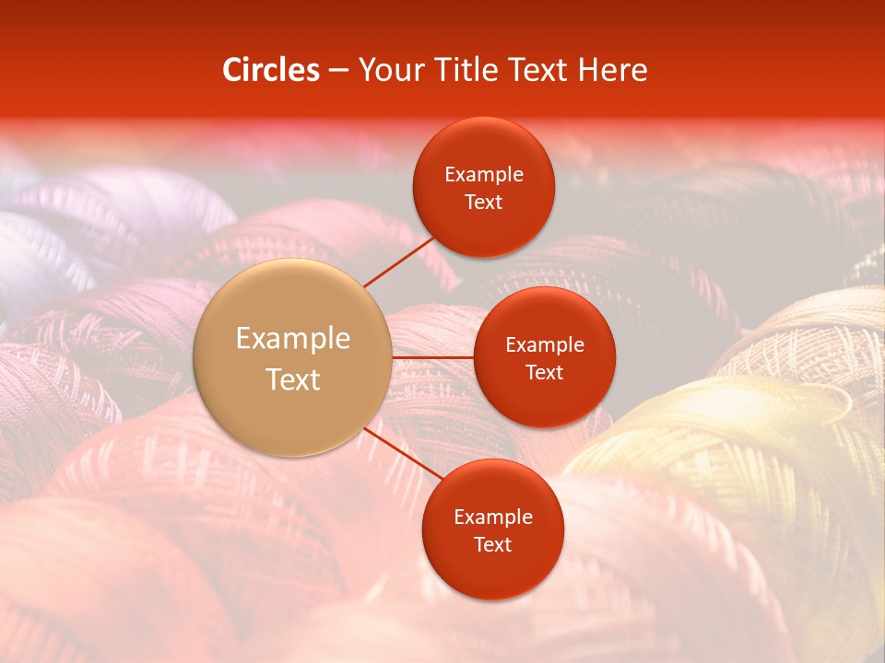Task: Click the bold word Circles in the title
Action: pyautogui.click(x=271, y=70)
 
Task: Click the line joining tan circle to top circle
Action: pyautogui.click(x=398, y=261)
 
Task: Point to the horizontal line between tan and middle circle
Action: pyautogui.click(x=433, y=357)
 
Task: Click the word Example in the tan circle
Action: pyautogui.click(x=293, y=339)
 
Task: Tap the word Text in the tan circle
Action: pyautogui.click(x=293, y=379)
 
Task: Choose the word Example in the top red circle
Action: pyautogui.click(x=484, y=175)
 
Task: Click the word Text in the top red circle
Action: pyautogui.click(x=484, y=202)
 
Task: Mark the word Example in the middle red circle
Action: pyautogui.click(x=545, y=345)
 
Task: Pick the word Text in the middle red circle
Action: pyautogui.click(x=545, y=372)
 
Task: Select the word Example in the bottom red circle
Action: pyautogui.click(x=492, y=517)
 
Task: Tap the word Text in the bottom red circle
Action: pyautogui.click(x=492, y=544)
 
